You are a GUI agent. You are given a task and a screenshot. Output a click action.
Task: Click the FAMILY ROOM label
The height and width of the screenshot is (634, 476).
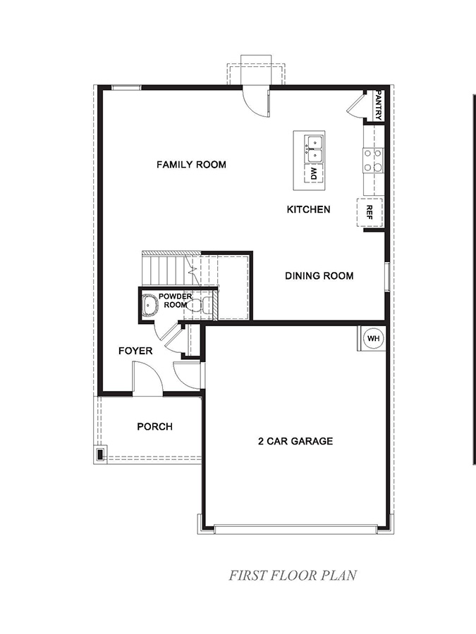(191, 165)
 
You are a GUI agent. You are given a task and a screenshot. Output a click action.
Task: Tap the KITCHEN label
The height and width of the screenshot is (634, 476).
(308, 209)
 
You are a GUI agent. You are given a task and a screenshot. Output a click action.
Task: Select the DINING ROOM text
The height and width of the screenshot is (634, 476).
(319, 276)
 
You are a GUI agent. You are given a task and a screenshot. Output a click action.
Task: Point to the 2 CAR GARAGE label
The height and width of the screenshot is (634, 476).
(295, 442)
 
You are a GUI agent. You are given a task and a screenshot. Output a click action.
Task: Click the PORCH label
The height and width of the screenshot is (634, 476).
(154, 426)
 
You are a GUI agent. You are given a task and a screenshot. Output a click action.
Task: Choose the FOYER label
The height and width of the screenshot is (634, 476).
(135, 350)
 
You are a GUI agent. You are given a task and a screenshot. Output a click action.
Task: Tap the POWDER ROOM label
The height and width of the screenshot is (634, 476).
(175, 301)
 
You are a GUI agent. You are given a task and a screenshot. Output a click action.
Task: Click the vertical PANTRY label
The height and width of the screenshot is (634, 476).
(379, 104)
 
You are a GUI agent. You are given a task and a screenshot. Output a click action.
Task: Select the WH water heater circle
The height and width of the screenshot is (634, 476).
(373, 339)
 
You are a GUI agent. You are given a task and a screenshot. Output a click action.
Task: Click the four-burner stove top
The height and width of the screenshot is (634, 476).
(373, 160)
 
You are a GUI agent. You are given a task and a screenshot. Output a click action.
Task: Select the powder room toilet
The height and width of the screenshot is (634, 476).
(206, 305)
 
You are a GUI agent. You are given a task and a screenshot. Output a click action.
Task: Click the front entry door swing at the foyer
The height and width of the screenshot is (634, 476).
(147, 377)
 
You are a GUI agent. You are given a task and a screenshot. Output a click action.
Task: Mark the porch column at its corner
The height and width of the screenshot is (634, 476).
(100, 454)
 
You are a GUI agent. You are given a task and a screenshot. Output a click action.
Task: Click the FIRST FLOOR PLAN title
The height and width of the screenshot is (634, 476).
(293, 575)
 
